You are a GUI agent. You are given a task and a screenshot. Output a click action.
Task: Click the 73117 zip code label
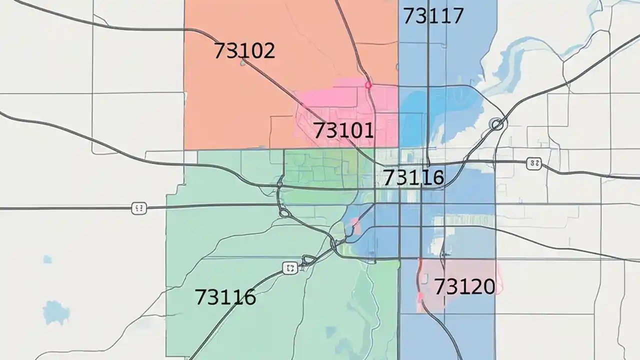433,16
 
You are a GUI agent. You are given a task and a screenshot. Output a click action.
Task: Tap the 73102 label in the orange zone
244,50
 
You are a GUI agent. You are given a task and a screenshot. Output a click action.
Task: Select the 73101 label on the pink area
343,130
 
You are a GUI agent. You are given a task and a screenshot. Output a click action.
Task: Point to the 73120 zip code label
464,286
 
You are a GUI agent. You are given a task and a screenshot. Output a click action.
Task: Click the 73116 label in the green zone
225,297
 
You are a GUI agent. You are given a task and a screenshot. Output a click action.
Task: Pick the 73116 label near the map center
413,177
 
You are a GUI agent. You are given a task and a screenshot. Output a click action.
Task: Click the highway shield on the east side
534,162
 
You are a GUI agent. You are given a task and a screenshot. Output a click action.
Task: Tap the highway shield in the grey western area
139,208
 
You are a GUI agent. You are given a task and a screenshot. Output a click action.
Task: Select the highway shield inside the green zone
290,268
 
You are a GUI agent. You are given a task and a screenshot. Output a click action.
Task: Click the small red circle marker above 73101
368,85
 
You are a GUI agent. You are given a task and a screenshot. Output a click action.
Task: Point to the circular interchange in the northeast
496,124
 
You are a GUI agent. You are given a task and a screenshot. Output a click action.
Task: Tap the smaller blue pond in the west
47,259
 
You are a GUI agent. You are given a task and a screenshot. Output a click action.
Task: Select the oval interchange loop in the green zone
284,213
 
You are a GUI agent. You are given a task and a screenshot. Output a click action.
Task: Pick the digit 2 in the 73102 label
268,50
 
